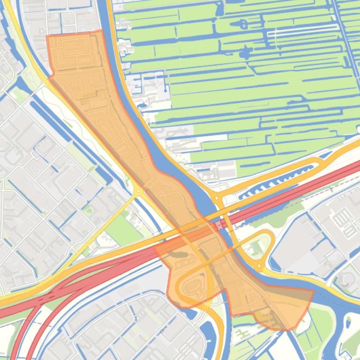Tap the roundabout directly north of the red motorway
point(217,198)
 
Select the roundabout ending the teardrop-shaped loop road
point(259,266)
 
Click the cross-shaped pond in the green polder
point(244,52)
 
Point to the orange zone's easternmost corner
point(313,290)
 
